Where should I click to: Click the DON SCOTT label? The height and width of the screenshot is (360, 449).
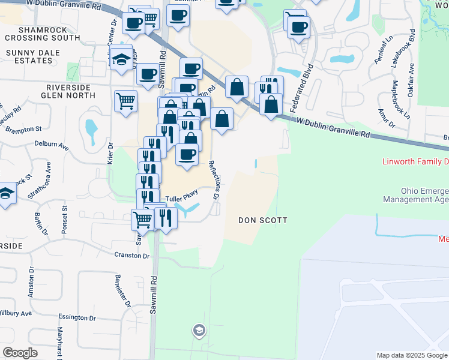262,220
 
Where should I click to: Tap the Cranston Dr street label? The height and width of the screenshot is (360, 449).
132,256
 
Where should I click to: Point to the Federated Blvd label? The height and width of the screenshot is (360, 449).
303,88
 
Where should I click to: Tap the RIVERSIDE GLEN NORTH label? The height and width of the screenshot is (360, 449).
68,92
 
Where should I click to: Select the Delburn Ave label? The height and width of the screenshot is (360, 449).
52,145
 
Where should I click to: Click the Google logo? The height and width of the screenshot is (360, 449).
20,353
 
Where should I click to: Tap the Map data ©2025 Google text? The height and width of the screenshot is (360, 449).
411,355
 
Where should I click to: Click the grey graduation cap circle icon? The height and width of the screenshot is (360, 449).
199,330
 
